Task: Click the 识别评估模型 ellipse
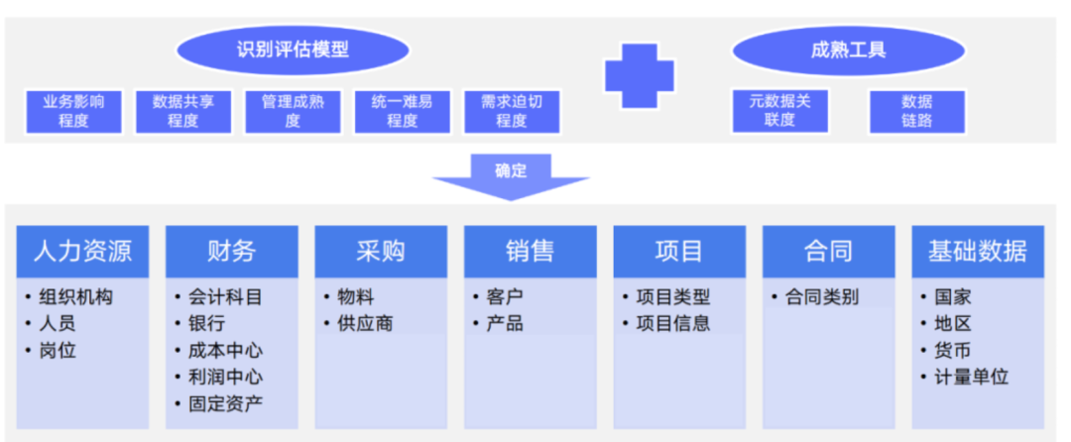[x=293, y=49]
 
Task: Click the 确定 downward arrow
[x=511, y=176]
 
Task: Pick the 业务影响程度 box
[x=74, y=111]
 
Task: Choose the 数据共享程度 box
[x=183, y=111]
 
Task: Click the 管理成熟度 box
[x=293, y=111]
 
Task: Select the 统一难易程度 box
[x=402, y=111]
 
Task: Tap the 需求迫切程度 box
[x=512, y=111]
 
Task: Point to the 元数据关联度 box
[x=779, y=110]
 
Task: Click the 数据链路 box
[x=917, y=110]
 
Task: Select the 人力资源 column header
[x=82, y=251]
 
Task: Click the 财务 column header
[x=231, y=251]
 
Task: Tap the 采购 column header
[x=381, y=251]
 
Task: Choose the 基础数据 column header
[x=978, y=251]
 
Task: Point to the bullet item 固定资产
[x=225, y=404]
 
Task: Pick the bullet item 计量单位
[x=971, y=378]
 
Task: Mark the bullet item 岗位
[x=58, y=351]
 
